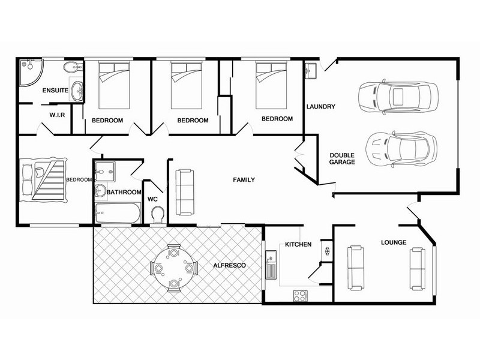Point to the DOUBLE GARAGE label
(343, 158)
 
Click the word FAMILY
(244, 179)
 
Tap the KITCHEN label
(298, 245)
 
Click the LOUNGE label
(394, 242)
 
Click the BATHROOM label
(124, 193)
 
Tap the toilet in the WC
(158, 214)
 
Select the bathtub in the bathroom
(118, 212)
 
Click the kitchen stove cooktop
(299, 295)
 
